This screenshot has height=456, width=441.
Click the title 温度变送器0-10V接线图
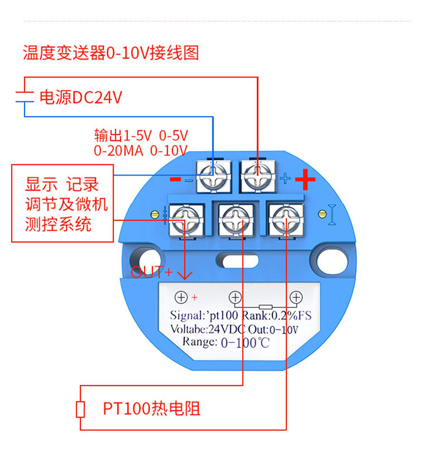(111, 53)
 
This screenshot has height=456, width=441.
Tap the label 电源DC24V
(80, 98)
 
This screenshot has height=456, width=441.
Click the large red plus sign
(305, 180)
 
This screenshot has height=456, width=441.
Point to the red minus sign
(175, 180)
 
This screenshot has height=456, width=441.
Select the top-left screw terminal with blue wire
(214, 175)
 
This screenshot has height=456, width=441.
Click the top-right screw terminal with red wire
(257, 175)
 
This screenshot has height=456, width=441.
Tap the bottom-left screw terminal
(185, 220)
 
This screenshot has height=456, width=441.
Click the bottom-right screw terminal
(285, 220)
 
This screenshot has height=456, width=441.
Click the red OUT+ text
(152, 273)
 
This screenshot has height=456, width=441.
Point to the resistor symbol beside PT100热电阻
(80, 409)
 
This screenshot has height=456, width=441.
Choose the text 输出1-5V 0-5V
(141, 135)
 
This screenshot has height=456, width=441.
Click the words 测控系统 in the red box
(58, 224)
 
